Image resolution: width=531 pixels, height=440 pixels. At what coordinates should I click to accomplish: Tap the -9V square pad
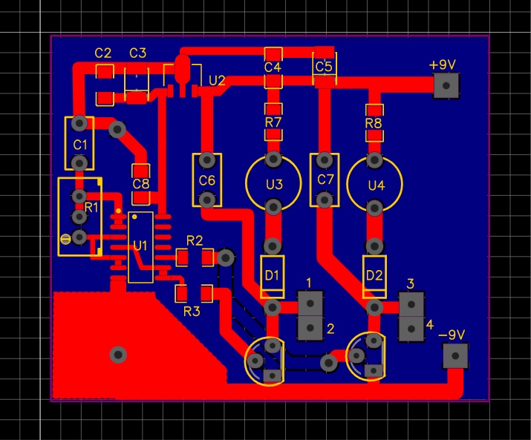455,356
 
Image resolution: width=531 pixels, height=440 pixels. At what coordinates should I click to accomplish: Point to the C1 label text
79,144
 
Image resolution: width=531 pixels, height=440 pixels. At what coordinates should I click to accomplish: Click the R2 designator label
195,240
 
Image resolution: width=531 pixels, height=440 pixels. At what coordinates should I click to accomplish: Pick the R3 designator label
192,311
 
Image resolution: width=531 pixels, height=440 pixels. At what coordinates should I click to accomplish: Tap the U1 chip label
140,246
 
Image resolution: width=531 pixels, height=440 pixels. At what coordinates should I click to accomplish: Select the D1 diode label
272,275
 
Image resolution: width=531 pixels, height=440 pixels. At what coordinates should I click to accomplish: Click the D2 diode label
374,275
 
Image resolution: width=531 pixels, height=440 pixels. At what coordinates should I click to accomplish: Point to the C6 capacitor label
206,180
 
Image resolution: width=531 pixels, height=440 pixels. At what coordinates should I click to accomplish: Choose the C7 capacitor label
325,180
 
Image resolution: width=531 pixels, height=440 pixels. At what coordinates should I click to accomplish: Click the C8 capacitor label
140,184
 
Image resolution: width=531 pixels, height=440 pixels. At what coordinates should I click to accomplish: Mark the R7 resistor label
273,121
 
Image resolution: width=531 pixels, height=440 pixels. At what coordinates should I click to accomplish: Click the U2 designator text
217,80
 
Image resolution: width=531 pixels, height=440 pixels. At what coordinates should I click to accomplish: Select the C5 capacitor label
323,67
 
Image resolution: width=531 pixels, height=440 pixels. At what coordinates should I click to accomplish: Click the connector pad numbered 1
310,303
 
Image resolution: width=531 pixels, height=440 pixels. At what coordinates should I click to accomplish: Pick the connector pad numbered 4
411,326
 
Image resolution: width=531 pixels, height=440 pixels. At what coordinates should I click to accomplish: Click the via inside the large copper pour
117,354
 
